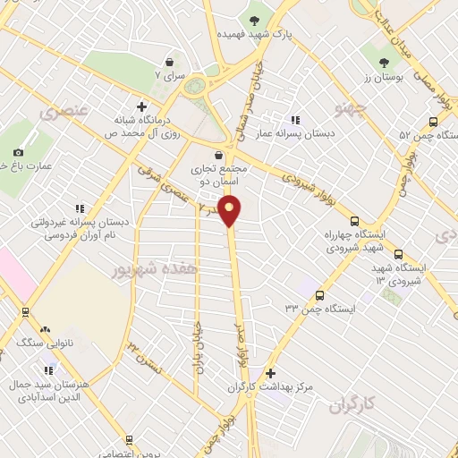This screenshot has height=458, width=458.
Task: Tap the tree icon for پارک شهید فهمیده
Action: (256, 19)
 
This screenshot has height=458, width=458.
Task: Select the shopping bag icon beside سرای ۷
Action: (169, 63)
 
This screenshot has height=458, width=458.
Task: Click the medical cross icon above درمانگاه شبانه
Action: (141, 106)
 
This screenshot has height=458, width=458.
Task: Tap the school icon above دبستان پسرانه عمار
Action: (295, 120)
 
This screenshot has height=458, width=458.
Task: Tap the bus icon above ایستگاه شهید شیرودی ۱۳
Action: (399, 253)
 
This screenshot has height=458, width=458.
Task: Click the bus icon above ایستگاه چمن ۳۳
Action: (319, 294)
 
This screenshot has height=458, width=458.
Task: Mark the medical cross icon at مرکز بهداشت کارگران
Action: (270, 373)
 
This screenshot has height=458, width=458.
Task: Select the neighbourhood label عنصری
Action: (62, 112)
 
